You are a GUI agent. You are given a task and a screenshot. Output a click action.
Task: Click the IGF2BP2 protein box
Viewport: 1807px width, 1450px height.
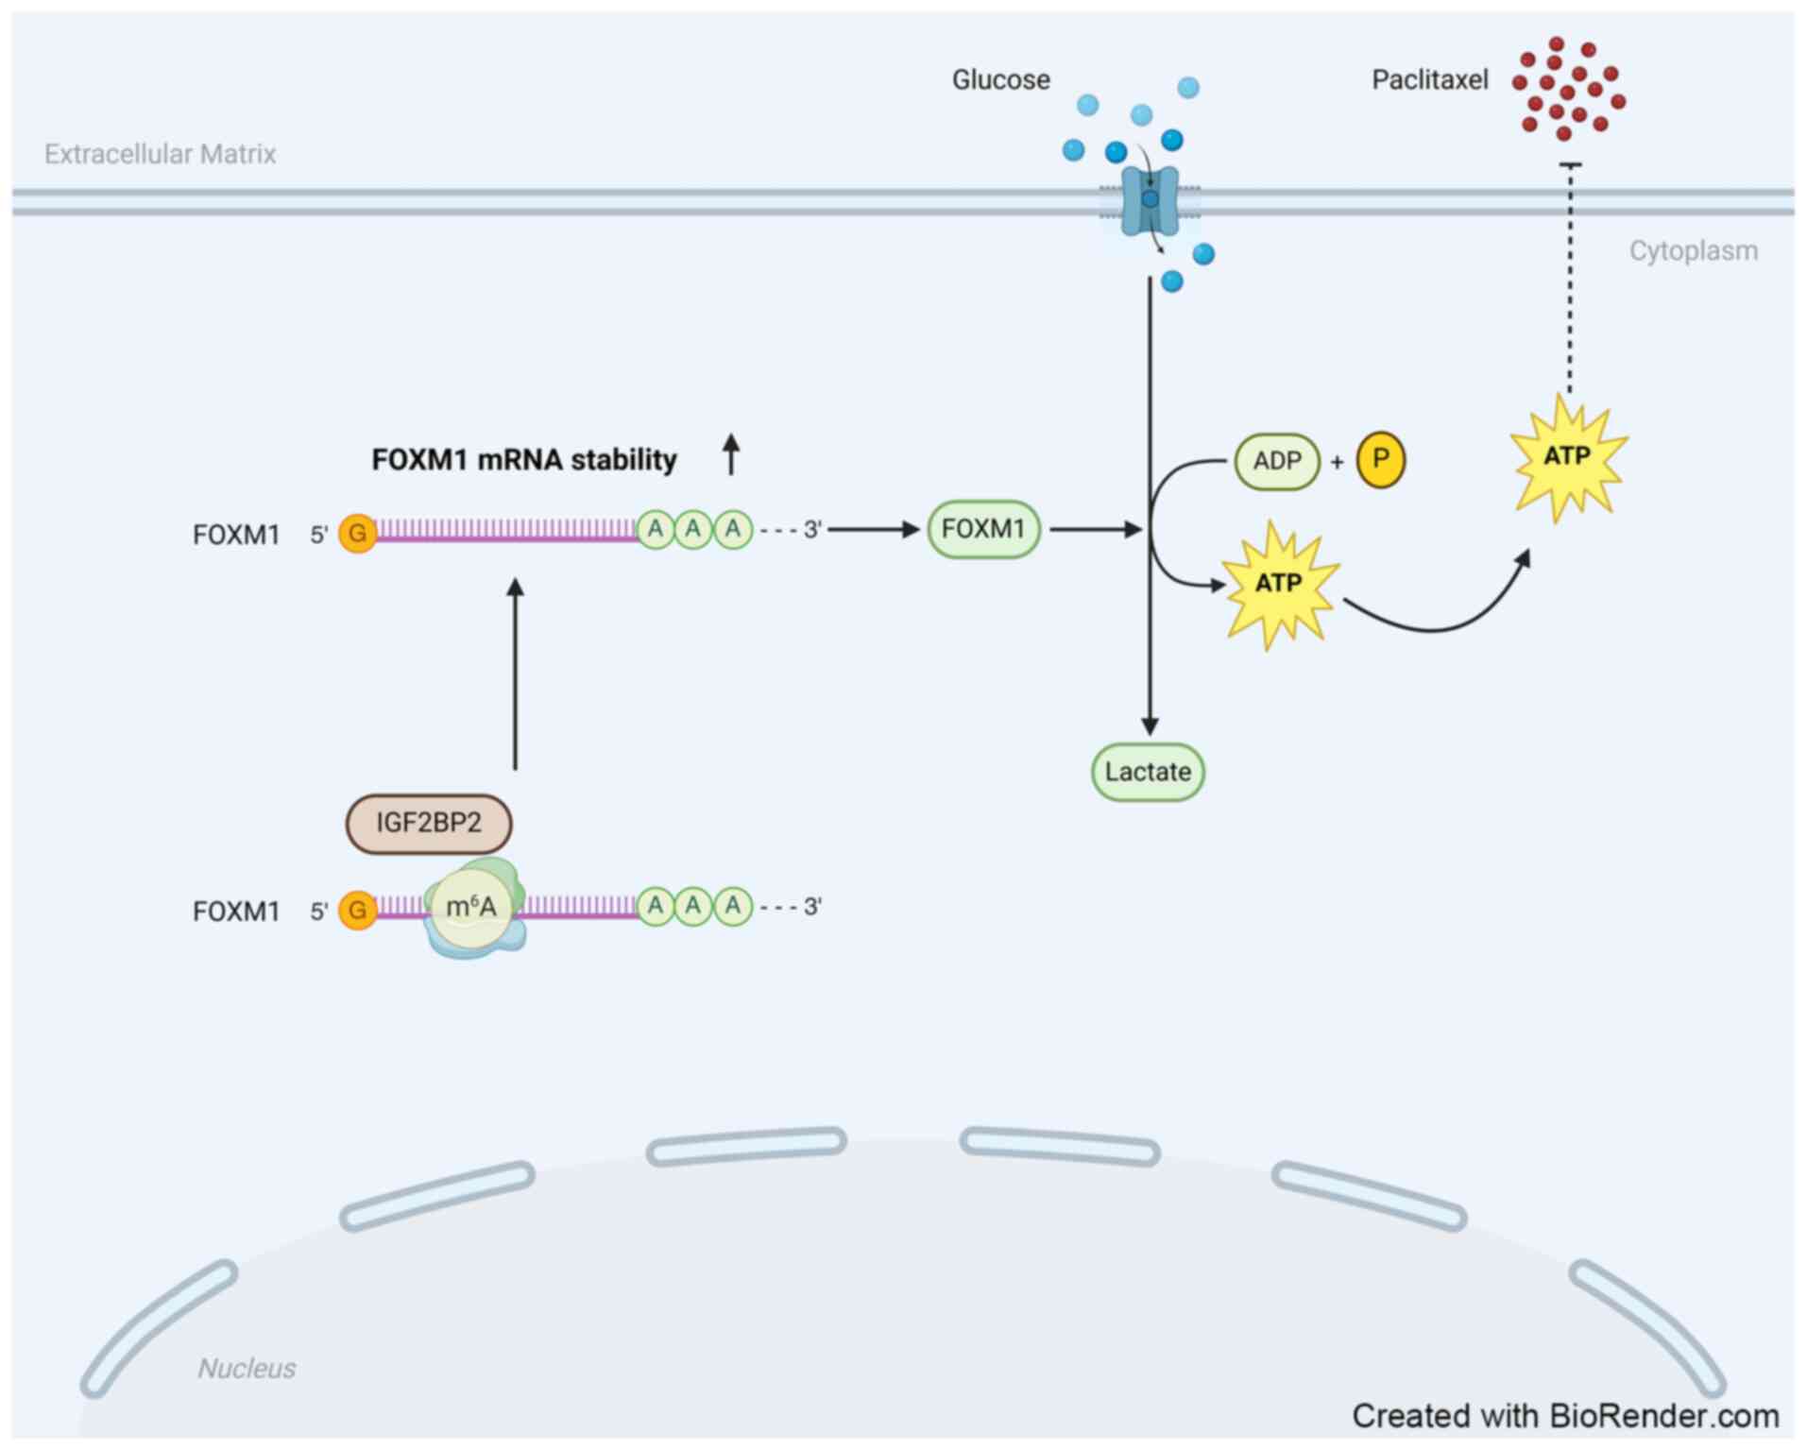[x=429, y=824]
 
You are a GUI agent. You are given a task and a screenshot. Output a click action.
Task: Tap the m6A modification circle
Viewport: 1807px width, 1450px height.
[x=470, y=908]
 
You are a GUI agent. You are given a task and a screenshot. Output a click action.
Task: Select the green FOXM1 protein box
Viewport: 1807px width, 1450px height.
[x=983, y=530]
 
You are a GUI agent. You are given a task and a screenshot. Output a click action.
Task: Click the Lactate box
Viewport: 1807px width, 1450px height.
[x=1148, y=773]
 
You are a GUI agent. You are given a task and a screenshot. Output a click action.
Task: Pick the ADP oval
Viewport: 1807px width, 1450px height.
[x=1277, y=462]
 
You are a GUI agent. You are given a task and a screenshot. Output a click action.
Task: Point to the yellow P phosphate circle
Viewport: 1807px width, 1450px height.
[x=1380, y=460]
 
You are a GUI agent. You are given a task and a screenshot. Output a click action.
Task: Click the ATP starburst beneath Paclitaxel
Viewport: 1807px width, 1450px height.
[x=1568, y=458]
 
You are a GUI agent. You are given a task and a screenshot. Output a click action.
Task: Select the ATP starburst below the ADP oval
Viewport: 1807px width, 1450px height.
[x=1279, y=584]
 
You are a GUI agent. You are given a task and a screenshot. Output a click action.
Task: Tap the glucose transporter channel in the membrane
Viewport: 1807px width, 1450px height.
[x=1150, y=200]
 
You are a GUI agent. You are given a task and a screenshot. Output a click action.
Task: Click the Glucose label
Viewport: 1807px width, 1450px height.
[x=1000, y=80]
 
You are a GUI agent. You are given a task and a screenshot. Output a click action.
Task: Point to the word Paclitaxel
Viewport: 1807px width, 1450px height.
[x=1429, y=80]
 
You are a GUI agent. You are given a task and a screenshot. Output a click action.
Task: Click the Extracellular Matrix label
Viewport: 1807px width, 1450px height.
[x=160, y=154]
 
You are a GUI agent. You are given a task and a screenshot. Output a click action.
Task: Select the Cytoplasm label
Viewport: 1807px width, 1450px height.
[x=1693, y=251]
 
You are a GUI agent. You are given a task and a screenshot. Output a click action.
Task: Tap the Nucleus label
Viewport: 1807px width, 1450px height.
[x=247, y=1368]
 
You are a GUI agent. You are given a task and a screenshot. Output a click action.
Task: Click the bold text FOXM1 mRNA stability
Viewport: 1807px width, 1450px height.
[x=524, y=460]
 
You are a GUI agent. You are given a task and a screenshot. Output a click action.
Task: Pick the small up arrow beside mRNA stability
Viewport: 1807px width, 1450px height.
[x=730, y=454]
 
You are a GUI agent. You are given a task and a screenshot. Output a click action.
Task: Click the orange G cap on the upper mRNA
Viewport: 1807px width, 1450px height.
[x=357, y=534]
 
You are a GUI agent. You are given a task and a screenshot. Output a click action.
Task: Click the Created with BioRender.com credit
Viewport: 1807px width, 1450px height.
[x=1565, y=1416]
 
